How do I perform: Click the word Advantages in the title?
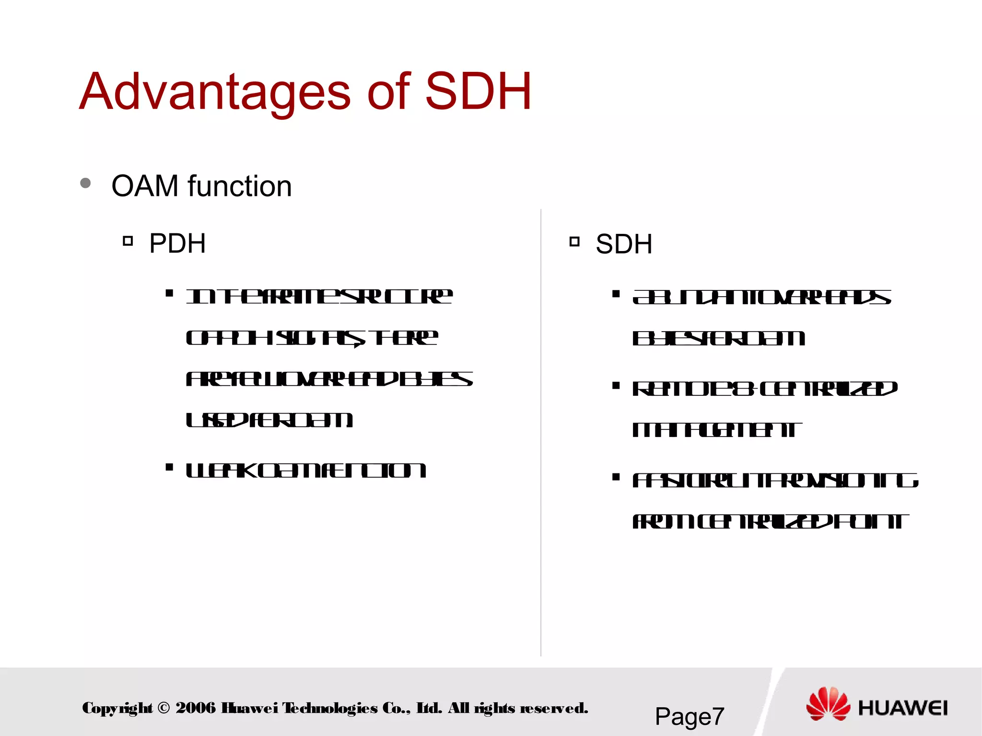click(x=215, y=92)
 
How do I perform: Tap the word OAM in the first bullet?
click(x=145, y=186)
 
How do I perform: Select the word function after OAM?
click(x=240, y=186)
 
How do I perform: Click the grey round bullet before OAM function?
click(x=85, y=183)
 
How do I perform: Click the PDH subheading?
click(x=177, y=243)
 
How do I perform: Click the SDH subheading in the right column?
click(x=624, y=244)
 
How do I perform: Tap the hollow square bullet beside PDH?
click(x=128, y=241)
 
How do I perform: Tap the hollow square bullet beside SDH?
click(x=574, y=241)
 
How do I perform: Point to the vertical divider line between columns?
click(x=541, y=431)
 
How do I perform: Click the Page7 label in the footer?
click(x=689, y=716)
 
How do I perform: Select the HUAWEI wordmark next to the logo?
click(x=903, y=708)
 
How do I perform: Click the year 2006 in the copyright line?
click(x=196, y=708)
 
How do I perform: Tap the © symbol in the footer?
click(x=164, y=708)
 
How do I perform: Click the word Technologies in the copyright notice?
click(x=330, y=708)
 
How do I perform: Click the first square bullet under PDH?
click(x=169, y=293)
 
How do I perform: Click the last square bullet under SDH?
click(x=616, y=477)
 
